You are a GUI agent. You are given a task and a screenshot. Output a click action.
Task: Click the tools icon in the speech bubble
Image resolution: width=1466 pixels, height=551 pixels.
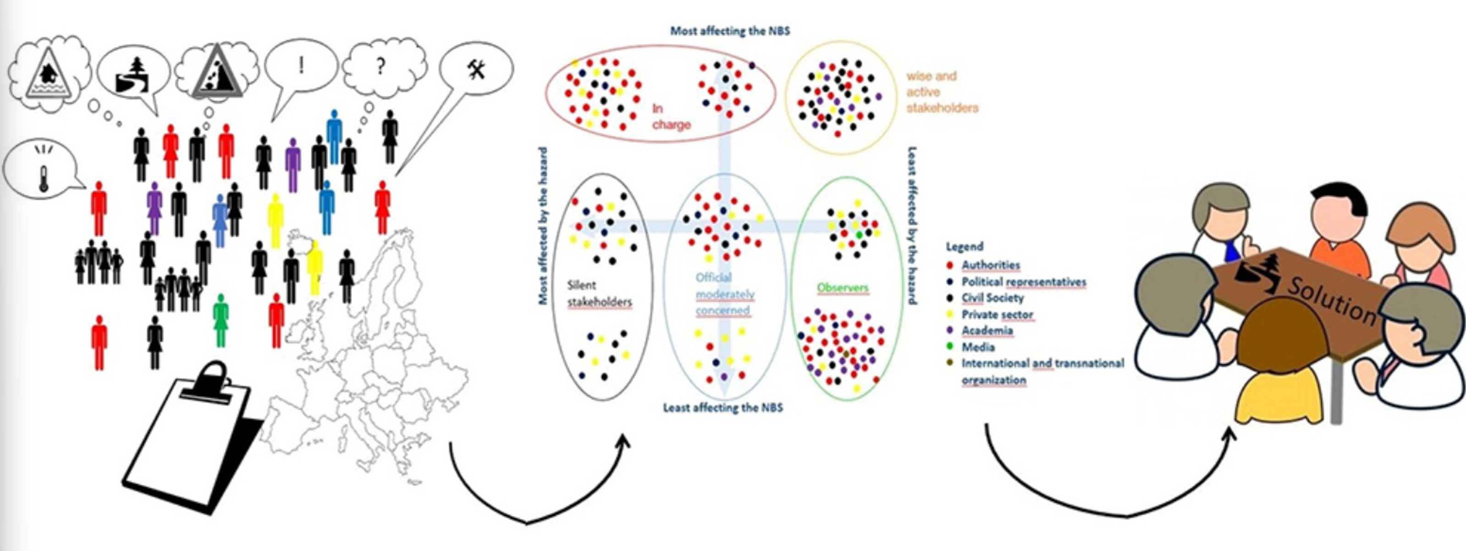(477, 71)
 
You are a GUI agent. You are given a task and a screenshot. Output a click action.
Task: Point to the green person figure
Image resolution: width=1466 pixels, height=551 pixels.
(221, 321)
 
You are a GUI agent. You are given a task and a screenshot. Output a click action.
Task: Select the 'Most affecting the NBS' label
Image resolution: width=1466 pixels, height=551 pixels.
(730, 31)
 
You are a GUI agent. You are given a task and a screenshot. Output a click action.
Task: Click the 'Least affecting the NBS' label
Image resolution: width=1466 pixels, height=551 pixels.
(723, 408)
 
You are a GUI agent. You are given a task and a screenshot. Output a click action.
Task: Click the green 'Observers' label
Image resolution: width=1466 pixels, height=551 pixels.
(842, 288)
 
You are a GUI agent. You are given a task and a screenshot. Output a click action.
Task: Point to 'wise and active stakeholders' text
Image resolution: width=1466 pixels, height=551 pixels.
(942, 92)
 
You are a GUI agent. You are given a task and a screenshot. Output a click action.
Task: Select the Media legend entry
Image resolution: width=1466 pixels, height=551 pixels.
(978, 347)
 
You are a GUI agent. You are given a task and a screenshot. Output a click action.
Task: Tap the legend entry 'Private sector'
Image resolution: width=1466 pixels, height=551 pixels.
(996, 315)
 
